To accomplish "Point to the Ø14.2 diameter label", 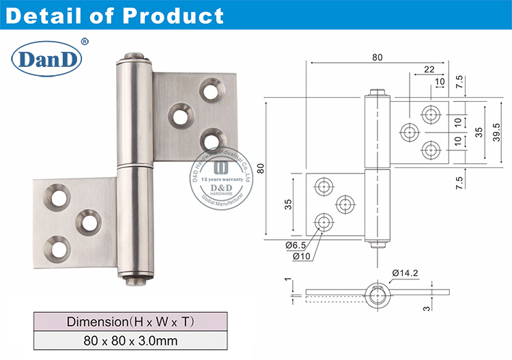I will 406,273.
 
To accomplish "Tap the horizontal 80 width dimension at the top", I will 378,58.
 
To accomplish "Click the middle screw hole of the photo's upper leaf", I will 181,114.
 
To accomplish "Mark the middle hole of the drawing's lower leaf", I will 345,204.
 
